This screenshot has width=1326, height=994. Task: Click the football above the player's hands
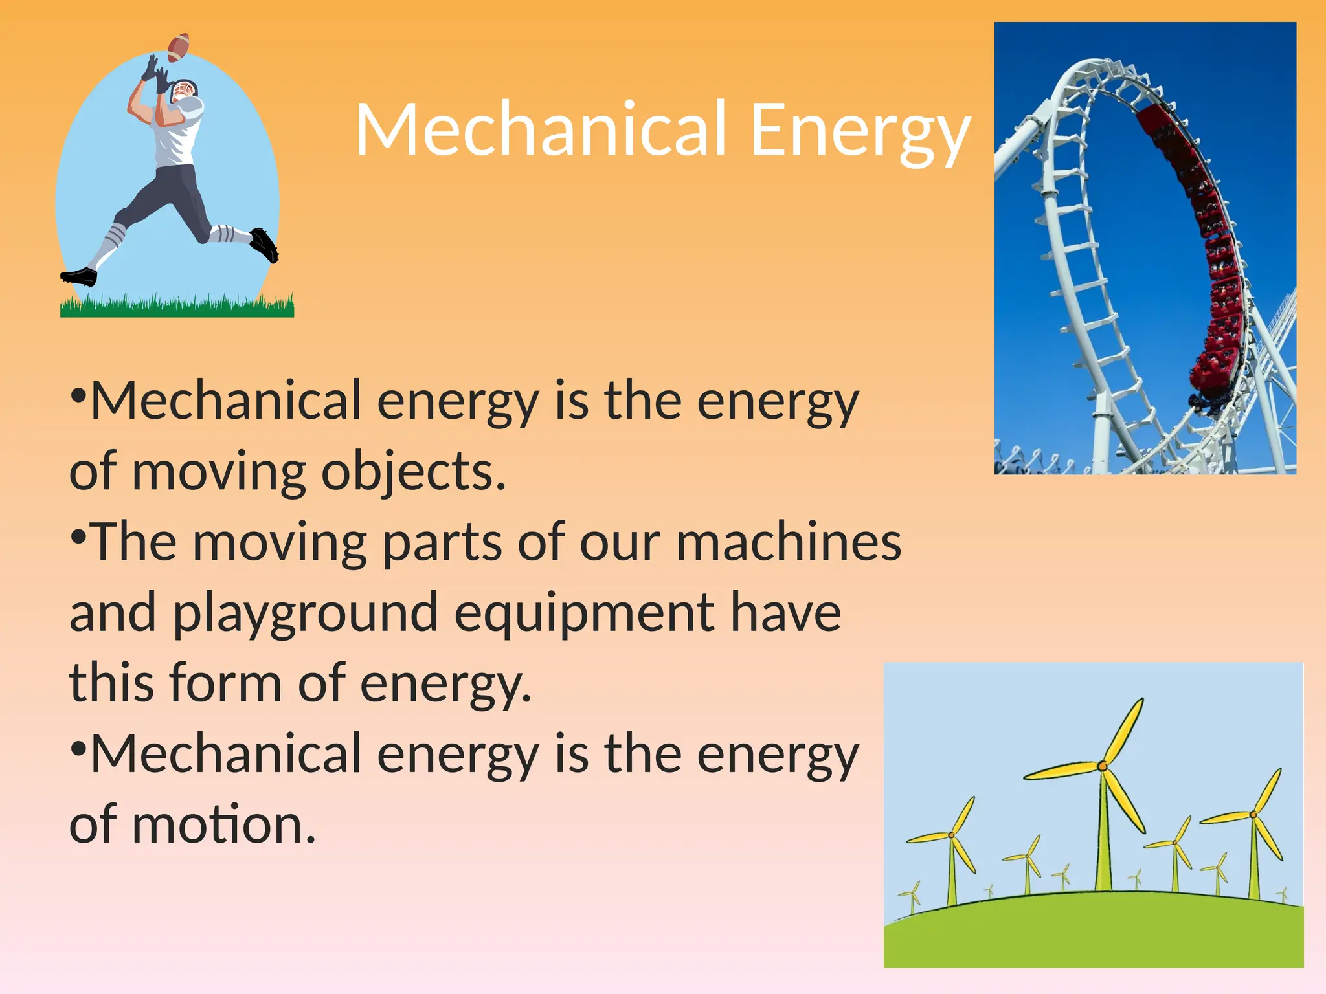(x=179, y=47)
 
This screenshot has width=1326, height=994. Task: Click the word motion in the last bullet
(x=224, y=824)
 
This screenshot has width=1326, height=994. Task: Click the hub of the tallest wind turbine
(x=1103, y=766)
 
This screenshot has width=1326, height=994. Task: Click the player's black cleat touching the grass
(x=79, y=276)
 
